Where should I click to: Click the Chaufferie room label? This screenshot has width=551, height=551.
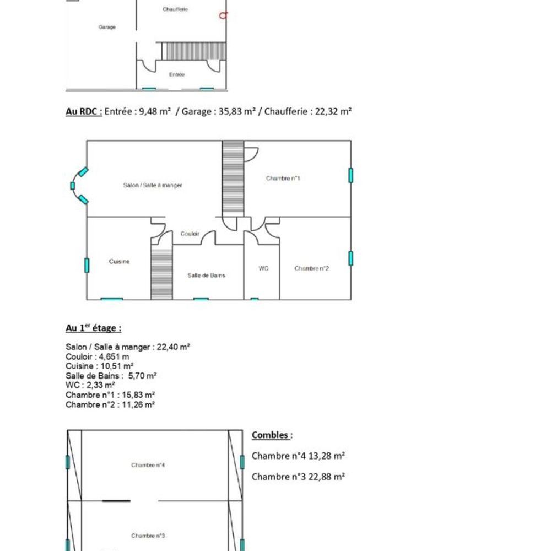pos(175,9)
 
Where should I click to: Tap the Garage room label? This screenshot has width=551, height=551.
pos(107,27)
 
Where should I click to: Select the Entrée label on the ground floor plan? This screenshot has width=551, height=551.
pos(177,74)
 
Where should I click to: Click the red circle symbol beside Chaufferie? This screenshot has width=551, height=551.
pos(223,15)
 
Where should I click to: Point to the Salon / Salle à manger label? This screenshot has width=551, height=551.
pos(152,186)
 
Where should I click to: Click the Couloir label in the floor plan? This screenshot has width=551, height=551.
pos(190,234)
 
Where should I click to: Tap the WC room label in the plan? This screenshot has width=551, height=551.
pos(263,268)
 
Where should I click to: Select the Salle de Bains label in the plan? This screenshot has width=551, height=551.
pos(206,275)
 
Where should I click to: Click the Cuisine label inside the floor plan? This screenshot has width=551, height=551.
pos(119,262)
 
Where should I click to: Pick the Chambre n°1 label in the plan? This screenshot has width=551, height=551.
pos(283,179)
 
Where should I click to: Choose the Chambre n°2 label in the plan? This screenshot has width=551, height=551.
pos(312,268)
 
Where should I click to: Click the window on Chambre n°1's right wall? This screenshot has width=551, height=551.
pos(350,175)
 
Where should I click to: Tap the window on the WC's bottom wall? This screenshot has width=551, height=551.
pos(255,299)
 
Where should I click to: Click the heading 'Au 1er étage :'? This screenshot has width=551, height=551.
pos(93,328)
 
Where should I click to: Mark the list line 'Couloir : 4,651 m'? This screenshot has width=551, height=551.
pos(97,356)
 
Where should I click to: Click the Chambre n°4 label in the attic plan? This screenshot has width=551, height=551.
pos(148,465)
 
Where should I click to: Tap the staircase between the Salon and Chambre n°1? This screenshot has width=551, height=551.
pos(233,178)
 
